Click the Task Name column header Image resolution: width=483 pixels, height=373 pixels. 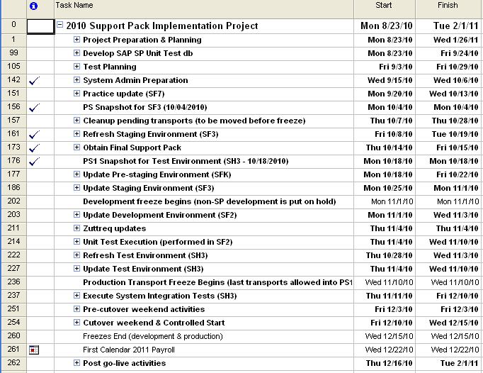click(x=74, y=6)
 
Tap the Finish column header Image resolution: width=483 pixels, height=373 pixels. click(x=448, y=6)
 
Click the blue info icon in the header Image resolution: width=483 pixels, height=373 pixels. click(x=33, y=6)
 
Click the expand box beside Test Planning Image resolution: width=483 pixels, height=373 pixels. click(x=76, y=67)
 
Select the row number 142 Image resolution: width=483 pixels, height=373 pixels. click(x=14, y=80)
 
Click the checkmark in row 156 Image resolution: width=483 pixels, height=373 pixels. click(x=35, y=108)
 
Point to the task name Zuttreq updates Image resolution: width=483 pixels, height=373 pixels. click(x=114, y=228)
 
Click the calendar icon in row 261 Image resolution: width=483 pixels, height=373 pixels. click(x=33, y=350)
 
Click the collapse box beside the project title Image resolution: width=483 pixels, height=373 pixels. click(x=60, y=26)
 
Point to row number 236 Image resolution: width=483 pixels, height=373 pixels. click(x=14, y=282)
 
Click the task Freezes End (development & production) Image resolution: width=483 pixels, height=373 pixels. click(x=152, y=336)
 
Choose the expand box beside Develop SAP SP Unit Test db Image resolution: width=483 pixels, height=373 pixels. click(x=76, y=53)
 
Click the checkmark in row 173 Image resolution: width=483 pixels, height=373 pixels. click(x=35, y=148)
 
